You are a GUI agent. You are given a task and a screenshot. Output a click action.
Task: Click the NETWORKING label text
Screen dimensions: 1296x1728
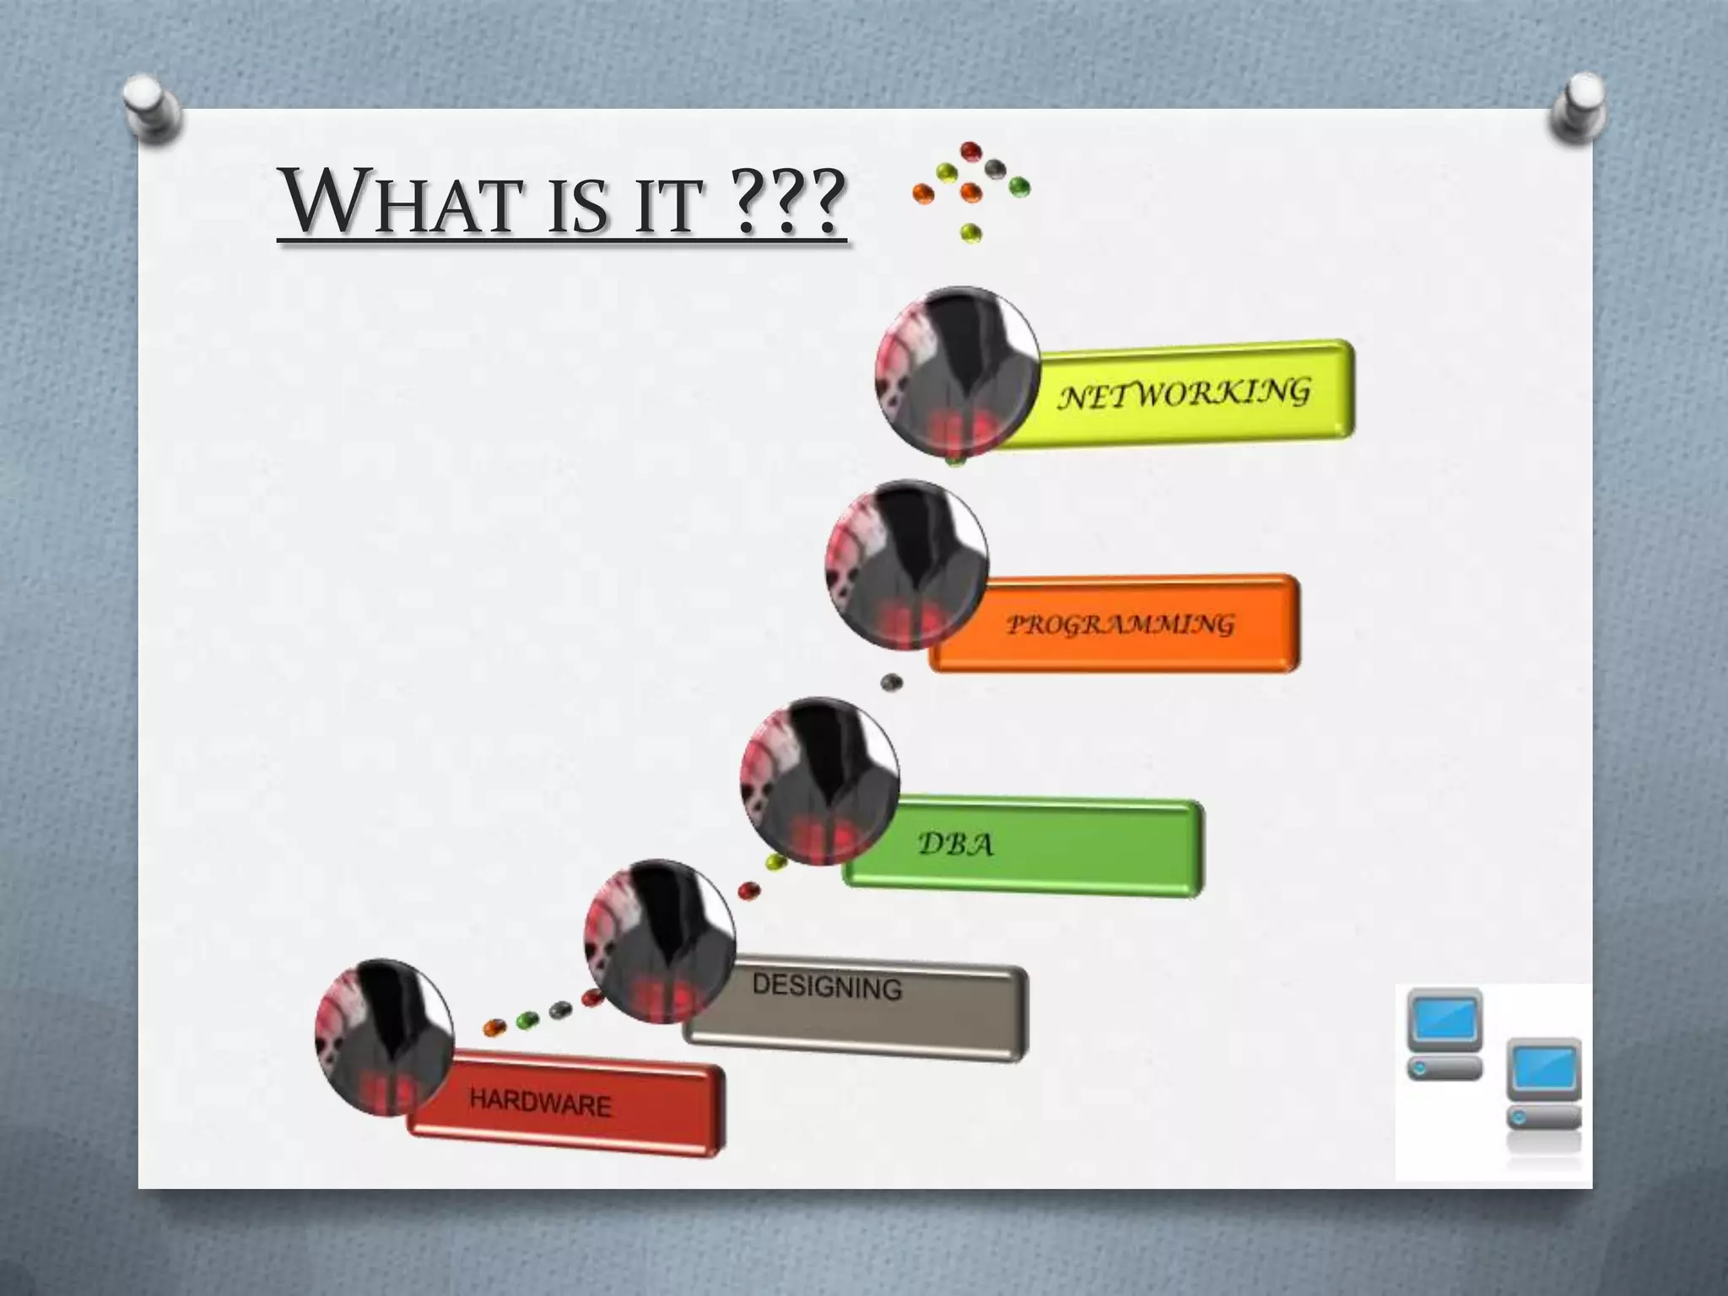tap(1184, 394)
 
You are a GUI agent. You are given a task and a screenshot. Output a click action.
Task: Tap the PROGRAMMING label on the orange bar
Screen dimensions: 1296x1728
tap(1120, 625)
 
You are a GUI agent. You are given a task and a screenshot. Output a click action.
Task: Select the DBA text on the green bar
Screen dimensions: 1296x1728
tap(955, 844)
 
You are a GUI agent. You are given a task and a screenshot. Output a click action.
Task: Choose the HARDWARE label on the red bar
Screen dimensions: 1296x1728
tap(540, 1103)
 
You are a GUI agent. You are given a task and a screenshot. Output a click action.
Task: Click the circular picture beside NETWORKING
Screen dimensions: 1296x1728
tap(957, 376)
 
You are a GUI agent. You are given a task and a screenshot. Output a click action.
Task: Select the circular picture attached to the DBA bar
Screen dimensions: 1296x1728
tap(820, 781)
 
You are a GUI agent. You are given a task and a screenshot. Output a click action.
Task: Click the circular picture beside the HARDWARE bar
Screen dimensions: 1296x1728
tap(385, 1037)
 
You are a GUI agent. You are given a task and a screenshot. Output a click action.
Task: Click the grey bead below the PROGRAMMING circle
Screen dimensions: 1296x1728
tap(890, 682)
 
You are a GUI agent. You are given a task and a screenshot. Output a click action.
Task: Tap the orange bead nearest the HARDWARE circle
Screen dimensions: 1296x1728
tap(494, 1027)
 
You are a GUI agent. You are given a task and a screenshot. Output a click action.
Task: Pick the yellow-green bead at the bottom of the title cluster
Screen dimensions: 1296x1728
tap(971, 231)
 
